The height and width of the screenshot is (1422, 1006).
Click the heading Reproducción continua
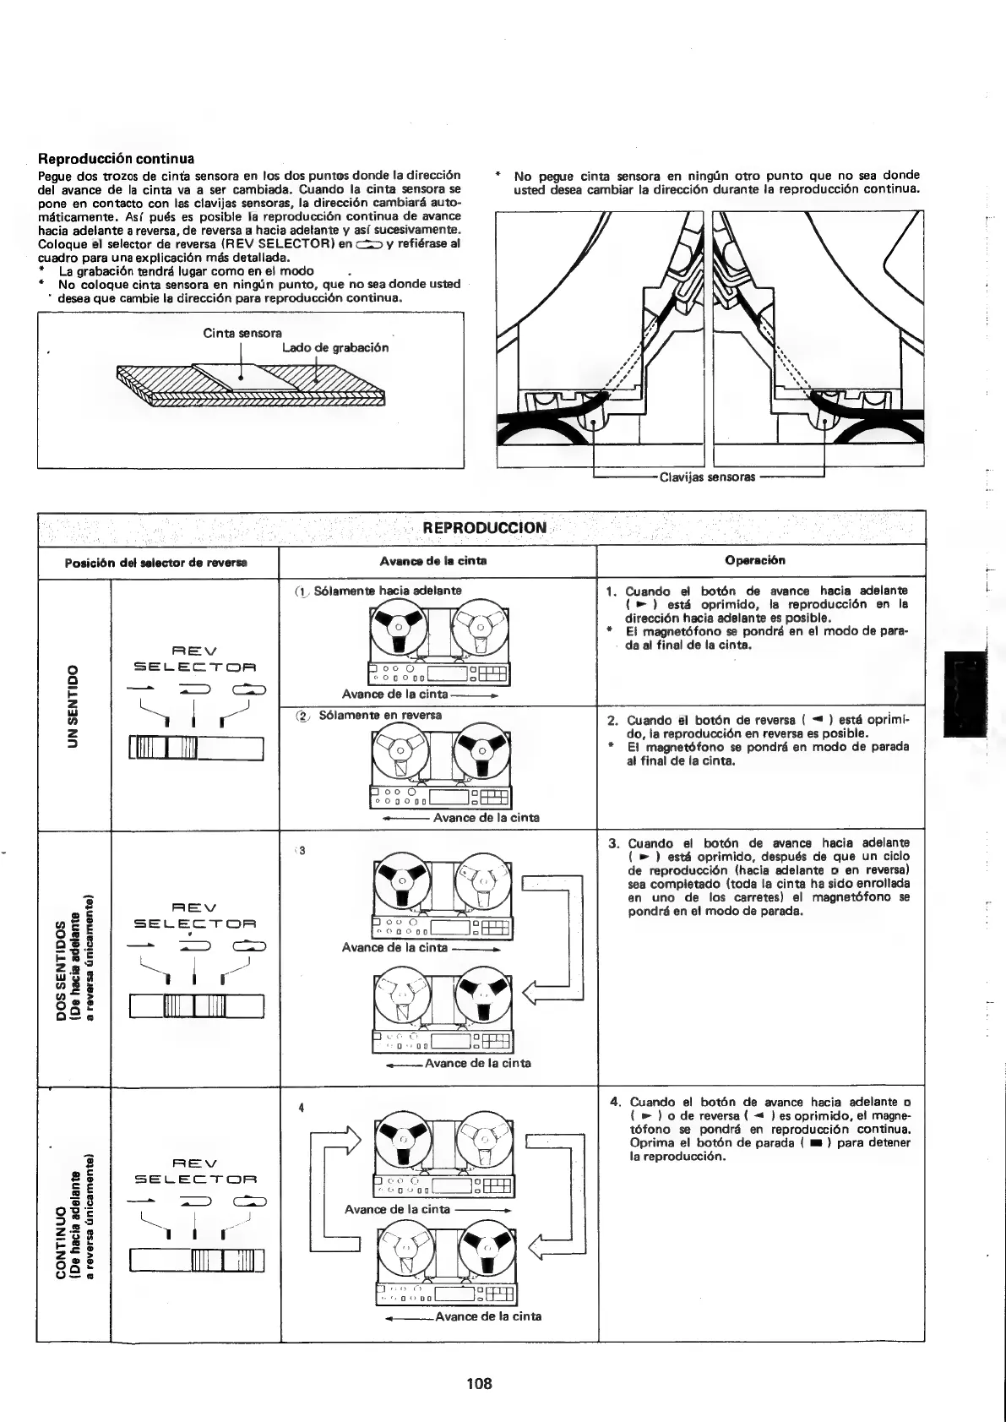(117, 159)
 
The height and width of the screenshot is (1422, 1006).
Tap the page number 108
(479, 1383)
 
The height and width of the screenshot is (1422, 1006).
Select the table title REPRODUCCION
(484, 528)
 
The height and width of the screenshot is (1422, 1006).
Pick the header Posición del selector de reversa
(158, 562)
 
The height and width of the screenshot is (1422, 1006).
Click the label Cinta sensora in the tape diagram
(242, 333)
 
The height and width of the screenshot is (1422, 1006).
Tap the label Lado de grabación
(335, 347)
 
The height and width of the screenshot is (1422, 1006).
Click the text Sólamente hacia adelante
(388, 591)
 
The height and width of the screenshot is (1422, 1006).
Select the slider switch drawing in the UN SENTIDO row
(196, 749)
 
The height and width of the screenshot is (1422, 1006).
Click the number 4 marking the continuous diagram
(301, 1108)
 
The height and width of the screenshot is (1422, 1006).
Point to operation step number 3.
(613, 843)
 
